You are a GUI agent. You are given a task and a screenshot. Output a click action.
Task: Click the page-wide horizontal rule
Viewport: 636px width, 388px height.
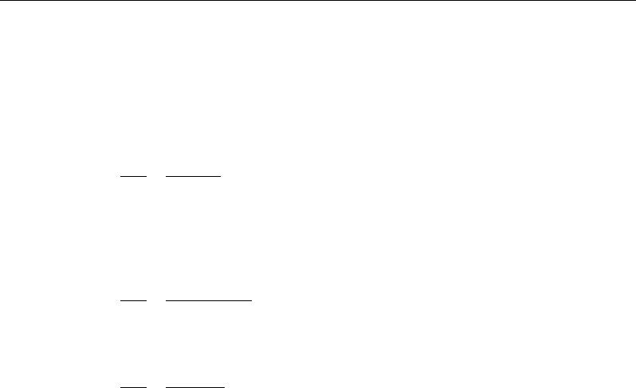pos(318,1)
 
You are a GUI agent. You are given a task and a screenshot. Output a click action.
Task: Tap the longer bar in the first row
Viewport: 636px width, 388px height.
pos(193,175)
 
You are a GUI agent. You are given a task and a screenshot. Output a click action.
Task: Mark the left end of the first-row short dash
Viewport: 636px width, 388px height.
pos(120,175)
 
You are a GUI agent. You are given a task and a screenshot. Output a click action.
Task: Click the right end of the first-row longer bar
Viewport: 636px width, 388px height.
pos(220,175)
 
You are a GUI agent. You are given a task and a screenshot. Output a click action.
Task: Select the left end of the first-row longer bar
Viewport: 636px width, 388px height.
pos(167,175)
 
